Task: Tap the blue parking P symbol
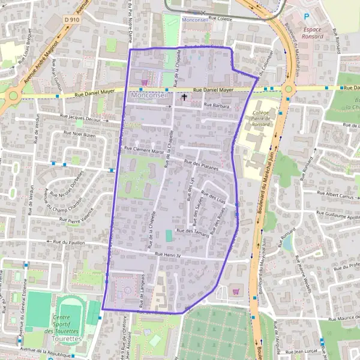coord(307,17)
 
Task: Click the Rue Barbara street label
coord(217,105)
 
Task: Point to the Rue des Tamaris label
coord(193,232)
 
